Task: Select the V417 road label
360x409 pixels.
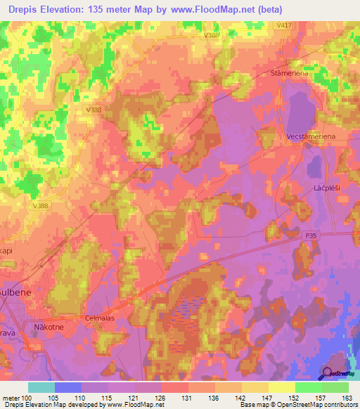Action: pos(284,25)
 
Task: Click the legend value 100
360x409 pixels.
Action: pos(34,397)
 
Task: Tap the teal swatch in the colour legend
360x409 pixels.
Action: pos(41,387)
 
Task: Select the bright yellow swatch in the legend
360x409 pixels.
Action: pos(281,387)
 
